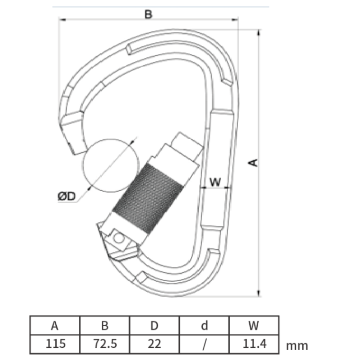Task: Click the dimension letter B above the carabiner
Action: [x=148, y=14]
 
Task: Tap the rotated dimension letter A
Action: [x=253, y=163]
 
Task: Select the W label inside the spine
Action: [x=215, y=182]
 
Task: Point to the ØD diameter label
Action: [x=67, y=196]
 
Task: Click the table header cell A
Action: [x=55, y=326]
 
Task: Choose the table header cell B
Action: [x=105, y=326]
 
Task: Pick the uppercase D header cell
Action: [x=154, y=326]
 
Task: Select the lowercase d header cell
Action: [x=204, y=326]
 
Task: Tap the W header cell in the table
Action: [x=254, y=326]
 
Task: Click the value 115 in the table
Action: [x=56, y=344]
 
